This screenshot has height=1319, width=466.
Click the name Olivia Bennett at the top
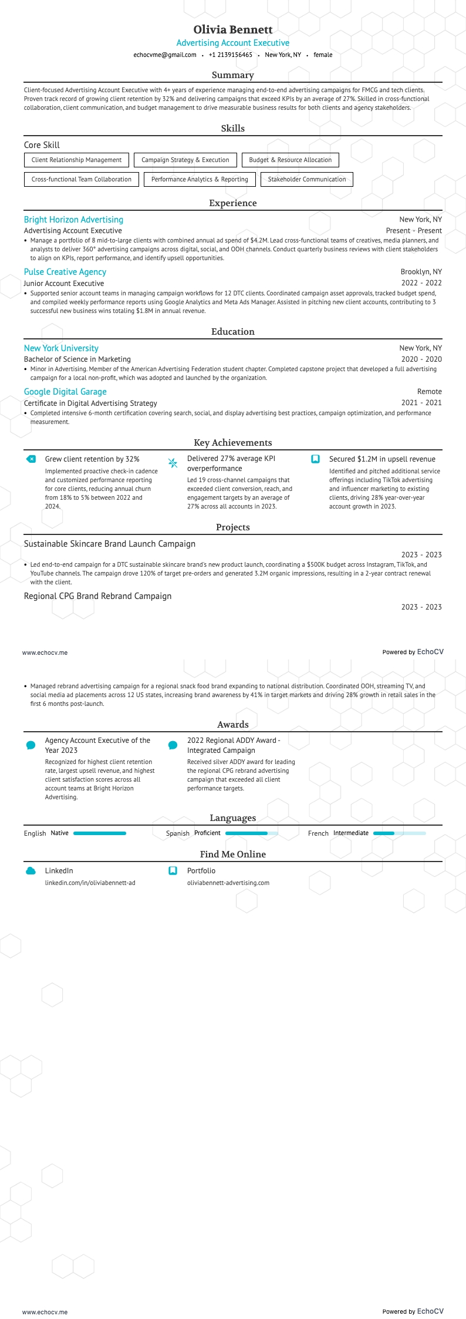[233, 29]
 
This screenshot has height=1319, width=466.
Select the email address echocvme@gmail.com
[165, 55]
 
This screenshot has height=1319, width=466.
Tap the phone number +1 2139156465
[230, 55]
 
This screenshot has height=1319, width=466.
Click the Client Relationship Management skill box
[76, 160]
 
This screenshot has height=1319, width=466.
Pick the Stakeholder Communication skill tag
[306, 179]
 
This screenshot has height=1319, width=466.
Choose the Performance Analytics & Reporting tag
[200, 179]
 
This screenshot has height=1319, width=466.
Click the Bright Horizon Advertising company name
[73, 220]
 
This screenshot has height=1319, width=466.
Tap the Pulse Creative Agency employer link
[65, 272]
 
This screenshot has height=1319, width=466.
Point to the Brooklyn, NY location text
[421, 272]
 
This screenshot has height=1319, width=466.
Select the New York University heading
[61, 348]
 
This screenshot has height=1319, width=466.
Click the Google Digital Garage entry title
[65, 392]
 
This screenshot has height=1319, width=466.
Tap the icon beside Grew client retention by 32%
[31, 459]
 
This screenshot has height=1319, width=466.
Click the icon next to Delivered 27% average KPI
[173, 463]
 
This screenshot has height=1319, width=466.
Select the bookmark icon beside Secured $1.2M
[315, 459]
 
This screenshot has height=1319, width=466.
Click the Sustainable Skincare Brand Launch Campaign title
[110, 544]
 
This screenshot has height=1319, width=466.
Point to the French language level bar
[399, 833]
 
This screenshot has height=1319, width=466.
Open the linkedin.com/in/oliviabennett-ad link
[90, 883]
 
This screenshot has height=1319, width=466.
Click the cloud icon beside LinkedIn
[31, 871]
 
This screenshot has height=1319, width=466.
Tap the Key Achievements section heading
[233, 443]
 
